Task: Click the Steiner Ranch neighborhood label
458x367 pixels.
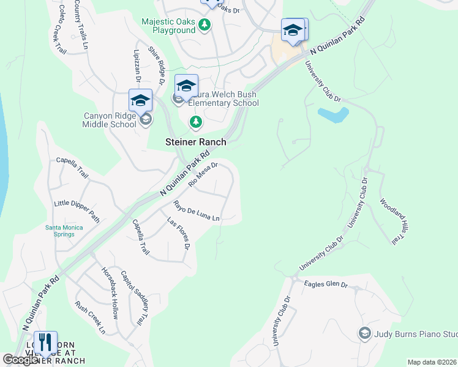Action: pos(196,142)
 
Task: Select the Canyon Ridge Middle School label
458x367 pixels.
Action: pos(110,119)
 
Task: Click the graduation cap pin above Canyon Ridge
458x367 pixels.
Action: pos(140,100)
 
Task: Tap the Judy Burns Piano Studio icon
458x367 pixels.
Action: pos(364,333)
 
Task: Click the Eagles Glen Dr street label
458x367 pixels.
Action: pos(326,284)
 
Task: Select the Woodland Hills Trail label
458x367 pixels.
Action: pos(393,221)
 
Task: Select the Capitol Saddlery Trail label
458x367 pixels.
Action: pos(135,297)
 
